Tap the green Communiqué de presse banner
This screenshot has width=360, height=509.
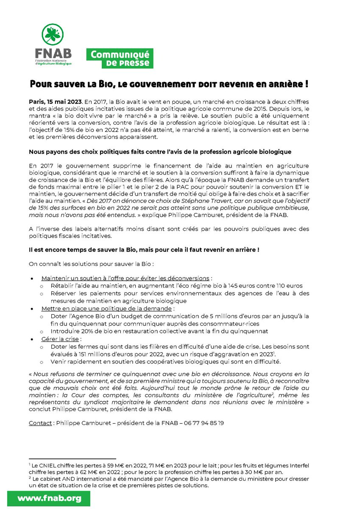pos(120,58)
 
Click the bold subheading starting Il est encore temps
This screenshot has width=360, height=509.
pos(144,250)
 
